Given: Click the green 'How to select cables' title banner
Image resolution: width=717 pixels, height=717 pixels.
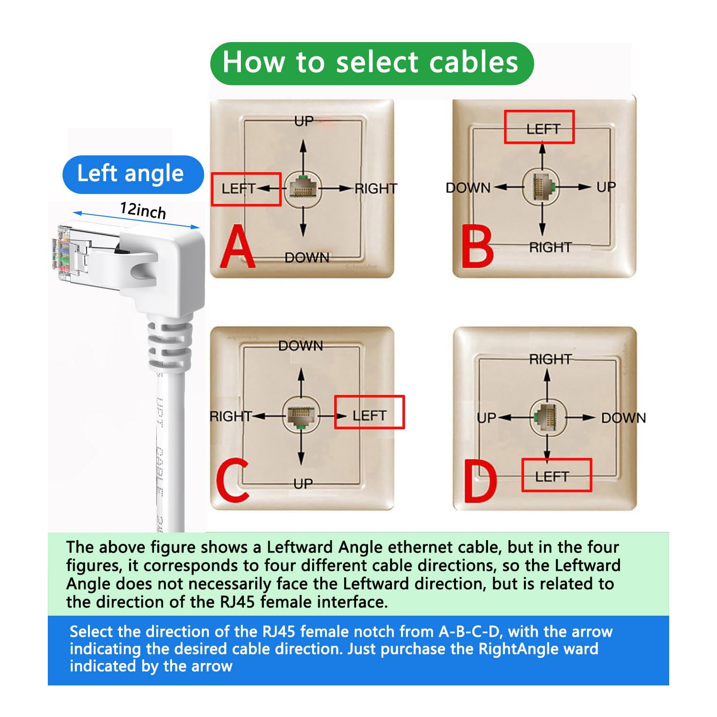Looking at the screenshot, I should [371, 64].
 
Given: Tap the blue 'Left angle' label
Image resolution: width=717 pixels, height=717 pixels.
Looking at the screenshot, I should [132, 174].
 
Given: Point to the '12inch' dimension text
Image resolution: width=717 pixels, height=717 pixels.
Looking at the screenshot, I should [142, 210].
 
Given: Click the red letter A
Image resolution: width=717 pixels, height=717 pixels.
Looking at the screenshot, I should [238, 248].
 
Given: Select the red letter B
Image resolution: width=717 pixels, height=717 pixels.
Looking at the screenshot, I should [477, 248].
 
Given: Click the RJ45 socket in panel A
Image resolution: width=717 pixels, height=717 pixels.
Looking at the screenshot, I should [302, 188].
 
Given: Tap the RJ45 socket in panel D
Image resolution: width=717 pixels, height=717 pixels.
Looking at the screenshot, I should [548, 417].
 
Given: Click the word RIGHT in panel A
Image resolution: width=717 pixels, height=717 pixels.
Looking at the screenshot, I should [376, 189].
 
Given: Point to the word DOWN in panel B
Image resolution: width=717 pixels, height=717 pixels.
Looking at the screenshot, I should [468, 188].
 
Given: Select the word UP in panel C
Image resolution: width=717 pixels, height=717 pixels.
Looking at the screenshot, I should [303, 484].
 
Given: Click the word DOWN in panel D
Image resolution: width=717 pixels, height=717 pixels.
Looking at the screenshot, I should [623, 418].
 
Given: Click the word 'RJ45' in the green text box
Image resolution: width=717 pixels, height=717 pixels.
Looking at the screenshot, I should [238, 602].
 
